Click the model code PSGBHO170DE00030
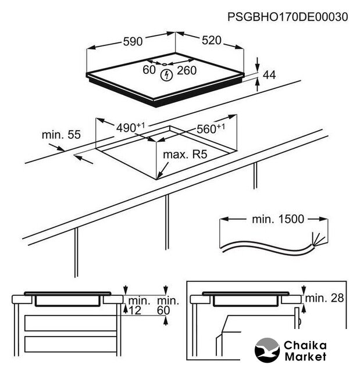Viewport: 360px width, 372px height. (x=288, y=17)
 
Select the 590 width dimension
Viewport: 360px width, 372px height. (x=133, y=41)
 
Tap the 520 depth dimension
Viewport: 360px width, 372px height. (x=212, y=40)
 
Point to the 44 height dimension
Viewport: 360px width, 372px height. (x=269, y=75)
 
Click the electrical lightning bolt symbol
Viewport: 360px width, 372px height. (x=166, y=76)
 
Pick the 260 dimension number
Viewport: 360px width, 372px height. (x=187, y=70)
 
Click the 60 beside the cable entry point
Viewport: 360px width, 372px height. (x=149, y=70)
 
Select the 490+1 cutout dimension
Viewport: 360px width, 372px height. (x=130, y=127)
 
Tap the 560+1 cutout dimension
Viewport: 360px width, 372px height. (x=211, y=128)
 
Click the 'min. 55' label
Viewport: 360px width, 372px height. (x=61, y=134)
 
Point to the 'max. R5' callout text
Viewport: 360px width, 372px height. (x=185, y=155)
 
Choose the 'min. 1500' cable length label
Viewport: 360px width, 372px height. (x=278, y=219)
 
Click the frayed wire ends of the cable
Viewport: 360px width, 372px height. (x=318, y=239)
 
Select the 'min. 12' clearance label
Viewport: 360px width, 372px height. (x=139, y=306)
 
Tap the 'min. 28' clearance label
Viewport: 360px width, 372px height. (x=325, y=298)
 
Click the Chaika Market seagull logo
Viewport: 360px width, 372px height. (x=267, y=350)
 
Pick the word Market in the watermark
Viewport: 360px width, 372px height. (x=306, y=356)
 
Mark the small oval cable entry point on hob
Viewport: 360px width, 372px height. (x=164, y=65)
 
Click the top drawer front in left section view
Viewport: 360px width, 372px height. (x=70, y=323)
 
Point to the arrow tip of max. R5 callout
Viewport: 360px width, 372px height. (x=157, y=178)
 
